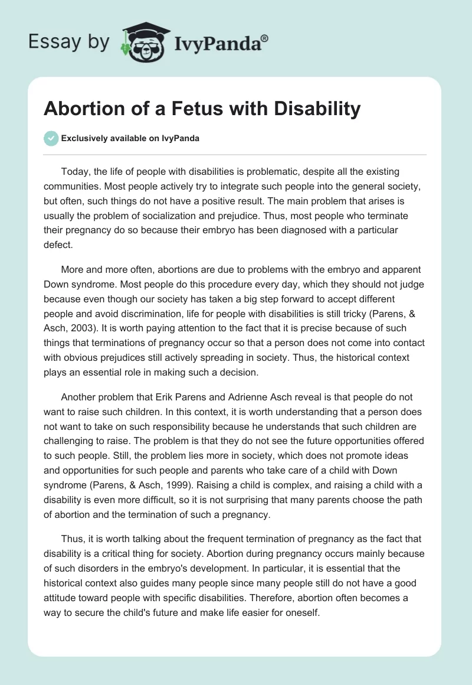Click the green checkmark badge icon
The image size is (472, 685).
pos(51,138)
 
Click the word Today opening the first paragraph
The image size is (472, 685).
pos(74,172)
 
